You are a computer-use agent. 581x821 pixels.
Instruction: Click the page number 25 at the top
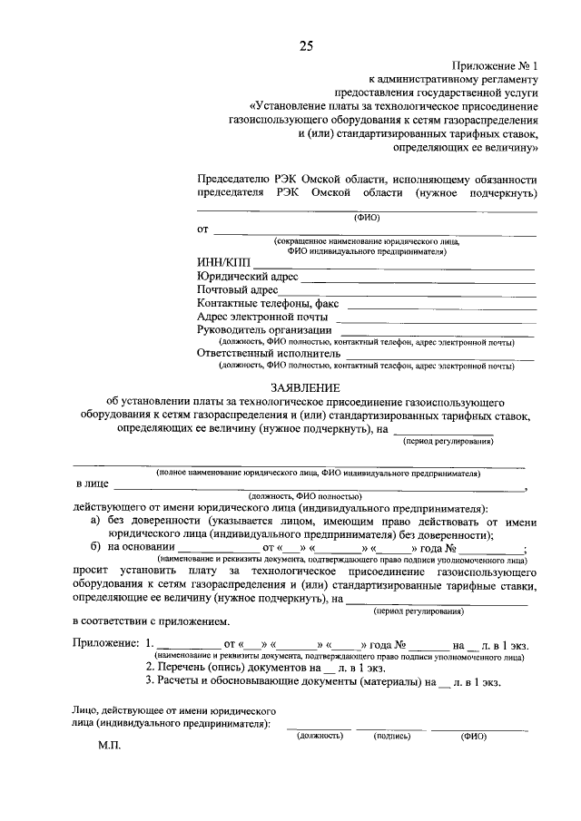306,48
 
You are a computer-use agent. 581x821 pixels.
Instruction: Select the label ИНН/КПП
221,262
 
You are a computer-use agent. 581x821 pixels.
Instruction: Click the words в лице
91,484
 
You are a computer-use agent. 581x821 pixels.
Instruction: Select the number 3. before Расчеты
151,680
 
